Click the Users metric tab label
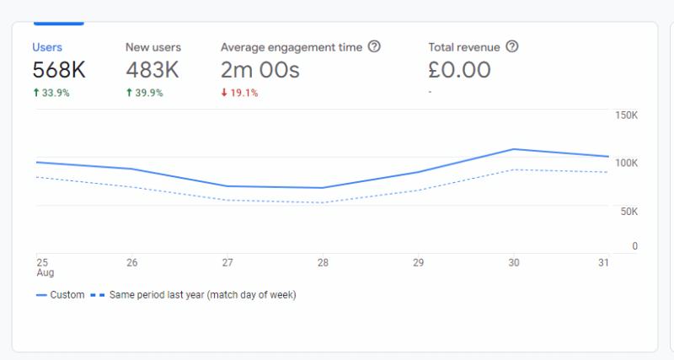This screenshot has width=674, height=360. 47,47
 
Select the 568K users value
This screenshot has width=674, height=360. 59,70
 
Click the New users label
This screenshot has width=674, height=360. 153,47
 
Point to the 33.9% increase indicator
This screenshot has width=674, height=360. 51,93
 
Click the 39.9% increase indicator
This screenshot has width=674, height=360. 145,93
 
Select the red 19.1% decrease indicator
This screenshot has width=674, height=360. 239,93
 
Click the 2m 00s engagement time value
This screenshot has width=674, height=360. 260,70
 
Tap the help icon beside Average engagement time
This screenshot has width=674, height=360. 375,47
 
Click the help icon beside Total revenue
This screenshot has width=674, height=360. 511,47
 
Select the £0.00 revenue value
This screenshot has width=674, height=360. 459,70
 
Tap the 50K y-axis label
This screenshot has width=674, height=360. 629,212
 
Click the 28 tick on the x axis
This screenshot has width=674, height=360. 323,263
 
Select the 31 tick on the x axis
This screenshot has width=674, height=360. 602,263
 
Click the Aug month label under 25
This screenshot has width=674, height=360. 45,274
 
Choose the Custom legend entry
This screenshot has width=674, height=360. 61,295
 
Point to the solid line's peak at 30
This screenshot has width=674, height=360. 513,149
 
